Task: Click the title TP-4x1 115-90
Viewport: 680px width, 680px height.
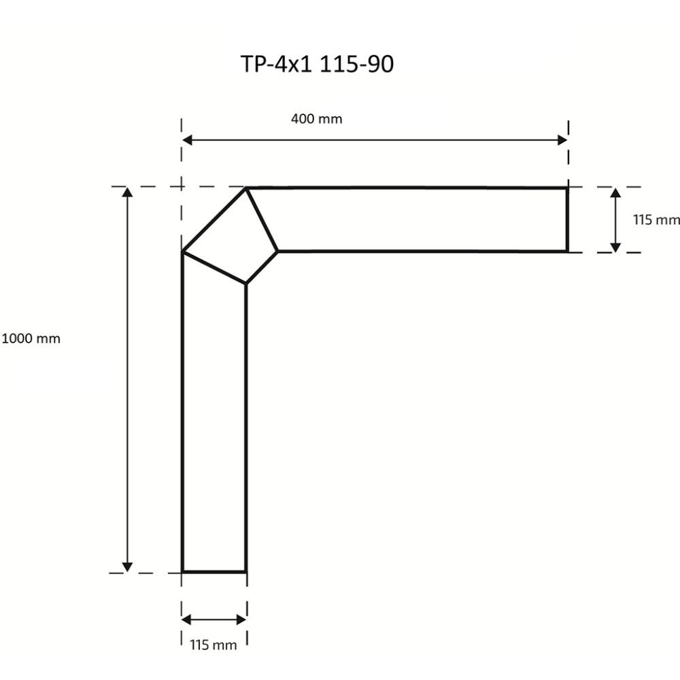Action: pos(317,64)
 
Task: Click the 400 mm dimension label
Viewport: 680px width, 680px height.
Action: pos(316,119)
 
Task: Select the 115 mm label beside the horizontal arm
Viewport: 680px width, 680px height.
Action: pos(656,220)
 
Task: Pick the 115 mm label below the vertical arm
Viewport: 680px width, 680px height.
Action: pos(213,645)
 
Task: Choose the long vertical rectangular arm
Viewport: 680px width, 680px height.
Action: pos(214,428)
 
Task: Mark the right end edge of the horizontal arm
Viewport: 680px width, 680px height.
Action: pos(566,220)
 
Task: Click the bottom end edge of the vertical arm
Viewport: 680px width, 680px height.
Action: pos(214,572)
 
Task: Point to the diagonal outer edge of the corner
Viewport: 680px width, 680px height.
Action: pos(214,220)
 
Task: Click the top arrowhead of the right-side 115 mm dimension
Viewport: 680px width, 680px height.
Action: pos(615,193)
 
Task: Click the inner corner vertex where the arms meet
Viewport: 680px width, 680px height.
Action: pos(245,284)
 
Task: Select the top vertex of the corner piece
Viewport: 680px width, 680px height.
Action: pos(247,188)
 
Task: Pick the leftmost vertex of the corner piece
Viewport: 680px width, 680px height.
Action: pos(183,252)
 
